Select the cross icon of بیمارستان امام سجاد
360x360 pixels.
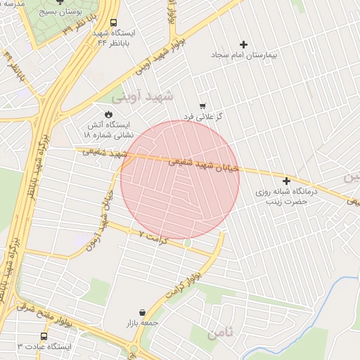point(244,44)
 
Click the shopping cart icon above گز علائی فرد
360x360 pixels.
point(203,106)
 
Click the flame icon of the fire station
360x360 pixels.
point(108,114)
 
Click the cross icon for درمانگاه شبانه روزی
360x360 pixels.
point(286,181)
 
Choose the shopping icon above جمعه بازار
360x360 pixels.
point(143,312)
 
